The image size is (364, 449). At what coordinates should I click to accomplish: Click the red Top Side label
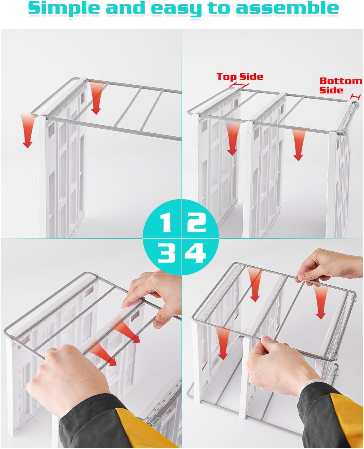240,76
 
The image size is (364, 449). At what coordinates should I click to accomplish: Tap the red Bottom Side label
341,86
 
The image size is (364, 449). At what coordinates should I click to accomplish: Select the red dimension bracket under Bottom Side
355,97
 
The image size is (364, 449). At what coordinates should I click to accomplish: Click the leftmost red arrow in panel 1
27,130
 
